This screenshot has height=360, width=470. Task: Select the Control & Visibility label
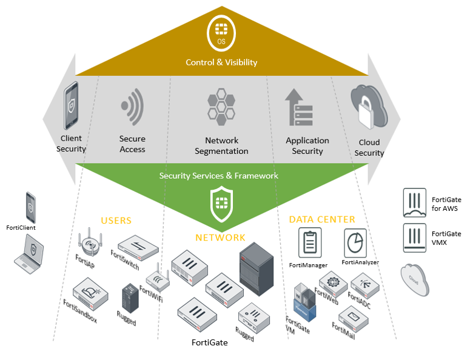221,62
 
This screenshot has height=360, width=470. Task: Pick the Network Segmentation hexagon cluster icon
221,105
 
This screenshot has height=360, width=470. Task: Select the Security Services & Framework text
218,176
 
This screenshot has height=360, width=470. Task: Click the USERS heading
116,221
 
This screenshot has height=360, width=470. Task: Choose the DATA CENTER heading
322,219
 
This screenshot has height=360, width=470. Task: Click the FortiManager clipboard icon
309,243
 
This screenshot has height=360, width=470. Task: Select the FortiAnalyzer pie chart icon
356,242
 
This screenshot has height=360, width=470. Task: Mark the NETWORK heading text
220,238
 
